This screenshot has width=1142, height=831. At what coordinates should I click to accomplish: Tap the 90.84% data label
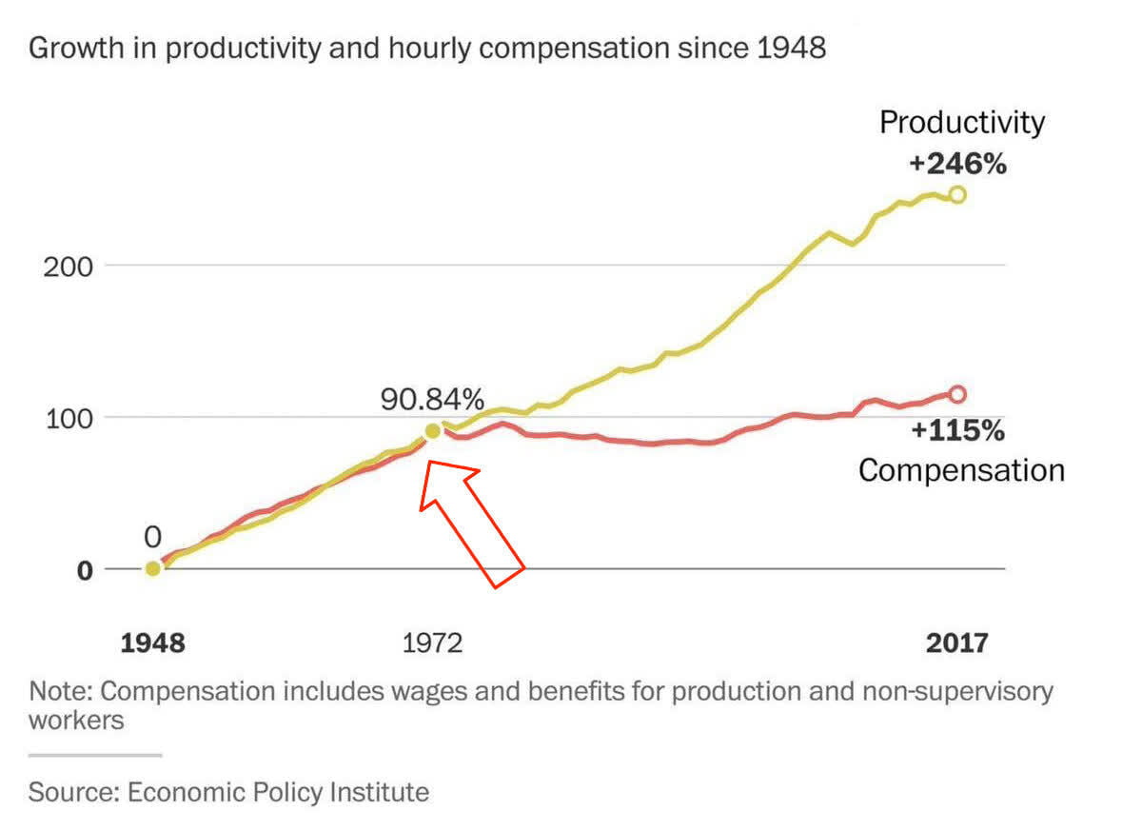(433, 398)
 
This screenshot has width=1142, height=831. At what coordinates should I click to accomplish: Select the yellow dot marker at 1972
(433, 431)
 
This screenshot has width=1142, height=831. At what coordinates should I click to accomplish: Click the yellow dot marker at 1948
(152, 569)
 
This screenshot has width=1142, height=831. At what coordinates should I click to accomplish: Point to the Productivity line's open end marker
(957, 194)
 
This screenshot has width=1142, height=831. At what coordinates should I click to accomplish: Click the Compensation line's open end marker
(957, 394)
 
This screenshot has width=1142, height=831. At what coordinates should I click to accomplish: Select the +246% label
(957, 165)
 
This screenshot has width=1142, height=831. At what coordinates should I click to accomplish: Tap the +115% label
(957, 431)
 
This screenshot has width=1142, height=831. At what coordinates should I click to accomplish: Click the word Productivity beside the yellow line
(961, 123)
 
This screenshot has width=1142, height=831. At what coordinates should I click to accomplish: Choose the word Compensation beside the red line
(961, 470)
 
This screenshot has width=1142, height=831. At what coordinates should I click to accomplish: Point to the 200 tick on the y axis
(69, 266)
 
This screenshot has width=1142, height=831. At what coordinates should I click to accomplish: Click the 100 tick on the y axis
(69, 418)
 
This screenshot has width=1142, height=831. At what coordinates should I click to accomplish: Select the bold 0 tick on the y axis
(86, 570)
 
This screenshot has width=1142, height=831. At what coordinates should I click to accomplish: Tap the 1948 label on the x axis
(152, 643)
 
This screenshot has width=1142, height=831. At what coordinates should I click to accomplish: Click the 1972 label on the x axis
(432, 643)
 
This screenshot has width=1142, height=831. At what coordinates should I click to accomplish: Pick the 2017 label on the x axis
(957, 643)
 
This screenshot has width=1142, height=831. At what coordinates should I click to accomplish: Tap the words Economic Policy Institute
(278, 792)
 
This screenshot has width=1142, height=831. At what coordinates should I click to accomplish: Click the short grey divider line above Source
(95, 755)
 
